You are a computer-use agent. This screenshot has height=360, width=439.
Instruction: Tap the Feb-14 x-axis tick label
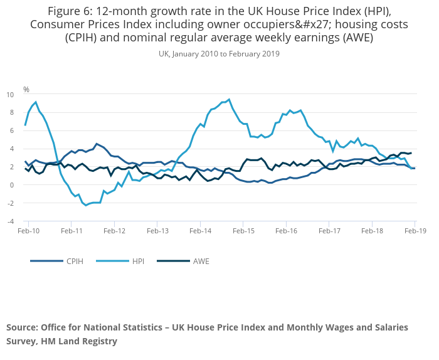199,231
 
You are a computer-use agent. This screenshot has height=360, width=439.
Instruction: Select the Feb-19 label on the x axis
415,231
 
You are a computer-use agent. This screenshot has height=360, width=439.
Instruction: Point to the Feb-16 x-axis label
285,231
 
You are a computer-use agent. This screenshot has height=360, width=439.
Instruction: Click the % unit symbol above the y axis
26,89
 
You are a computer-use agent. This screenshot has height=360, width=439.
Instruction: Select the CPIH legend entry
74,261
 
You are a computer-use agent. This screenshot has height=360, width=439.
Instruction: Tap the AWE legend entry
199,261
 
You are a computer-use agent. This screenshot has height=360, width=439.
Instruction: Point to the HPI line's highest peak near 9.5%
229,99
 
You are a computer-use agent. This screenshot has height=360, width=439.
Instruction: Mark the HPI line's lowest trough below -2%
86,206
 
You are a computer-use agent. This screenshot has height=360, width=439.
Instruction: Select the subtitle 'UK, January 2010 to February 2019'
219,54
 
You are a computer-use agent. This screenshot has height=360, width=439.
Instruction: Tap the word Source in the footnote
23,328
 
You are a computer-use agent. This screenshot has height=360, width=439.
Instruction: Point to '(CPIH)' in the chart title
85,37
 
